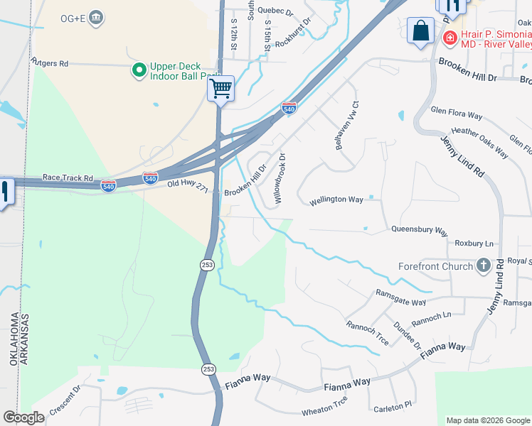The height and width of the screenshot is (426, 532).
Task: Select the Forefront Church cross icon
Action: pyautogui.click(x=484, y=266)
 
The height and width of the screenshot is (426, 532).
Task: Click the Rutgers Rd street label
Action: pyautogui.click(x=49, y=63)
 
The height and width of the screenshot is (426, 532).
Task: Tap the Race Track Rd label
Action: pyautogui.click(x=68, y=177)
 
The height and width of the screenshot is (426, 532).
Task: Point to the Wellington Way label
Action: pyautogui.click(x=336, y=200)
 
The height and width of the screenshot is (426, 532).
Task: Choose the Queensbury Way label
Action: pyautogui.click(x=419, y=230)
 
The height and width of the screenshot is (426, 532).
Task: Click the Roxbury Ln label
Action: pyautogui.click(x=474, y=243)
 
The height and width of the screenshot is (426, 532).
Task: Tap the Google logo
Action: pyautogui.click(x=23, y=417)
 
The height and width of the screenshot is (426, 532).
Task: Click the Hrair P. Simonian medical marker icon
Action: pyautogui.click(x=449, y=37)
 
